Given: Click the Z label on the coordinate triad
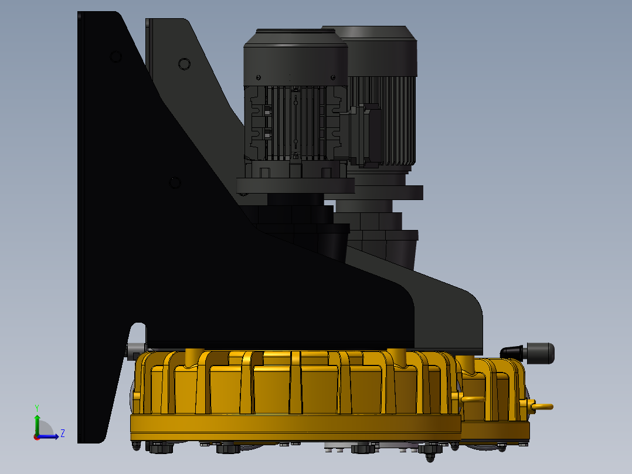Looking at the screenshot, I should (62, 434).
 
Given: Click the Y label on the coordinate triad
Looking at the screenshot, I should (37, 407).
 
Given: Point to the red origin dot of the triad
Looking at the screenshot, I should (36, 436).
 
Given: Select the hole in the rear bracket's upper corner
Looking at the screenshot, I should (184, 63).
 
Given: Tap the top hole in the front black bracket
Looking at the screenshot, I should (115, 56).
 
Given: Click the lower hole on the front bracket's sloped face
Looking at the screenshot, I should (175, 183).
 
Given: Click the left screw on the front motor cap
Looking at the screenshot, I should (259, 77).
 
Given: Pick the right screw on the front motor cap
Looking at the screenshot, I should (333, 77).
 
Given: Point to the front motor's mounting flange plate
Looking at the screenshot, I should (295, 186).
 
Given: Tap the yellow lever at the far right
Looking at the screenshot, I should (542, 406).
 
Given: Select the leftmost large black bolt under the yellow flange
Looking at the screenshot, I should (161, 448).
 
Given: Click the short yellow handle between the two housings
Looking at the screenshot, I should (472, 399).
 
